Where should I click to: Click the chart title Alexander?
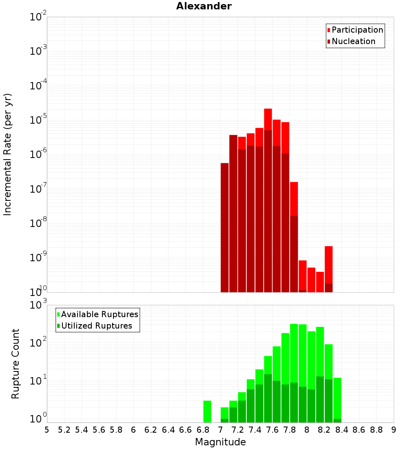point(204,7)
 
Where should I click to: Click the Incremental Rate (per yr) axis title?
point(8,154)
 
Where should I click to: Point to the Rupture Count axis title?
point(16,363)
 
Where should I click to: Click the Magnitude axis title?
point(220,442)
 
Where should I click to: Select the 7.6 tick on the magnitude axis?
point(273,430)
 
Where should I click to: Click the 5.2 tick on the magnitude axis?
point(64,430)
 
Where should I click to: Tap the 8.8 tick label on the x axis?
point(376,430)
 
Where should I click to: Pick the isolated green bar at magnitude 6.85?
point(207,411)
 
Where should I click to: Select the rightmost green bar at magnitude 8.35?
point(337,398)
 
